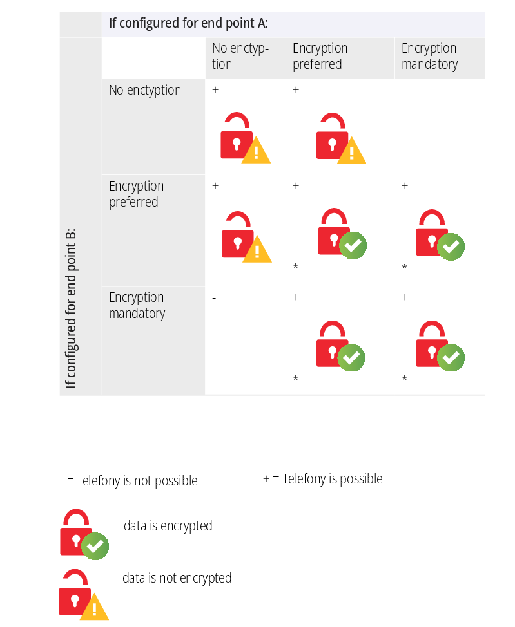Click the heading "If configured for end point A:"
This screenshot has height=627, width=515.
click(188, 23)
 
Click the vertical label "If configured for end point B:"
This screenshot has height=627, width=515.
click(71, 308)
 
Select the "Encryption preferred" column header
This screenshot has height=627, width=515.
click(320, 56)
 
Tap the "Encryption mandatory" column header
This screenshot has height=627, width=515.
click(429, 56)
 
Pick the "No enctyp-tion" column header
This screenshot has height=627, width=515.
click(240, 56)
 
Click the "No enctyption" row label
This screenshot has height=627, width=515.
click(145, 90)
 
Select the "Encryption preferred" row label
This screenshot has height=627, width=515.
click(136, 194)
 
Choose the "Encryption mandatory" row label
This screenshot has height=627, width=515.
click(137, 306)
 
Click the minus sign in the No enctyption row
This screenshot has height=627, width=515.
click(403, 91)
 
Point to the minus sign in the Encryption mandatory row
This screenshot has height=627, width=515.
click(214, 298)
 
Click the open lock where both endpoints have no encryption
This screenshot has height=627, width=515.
click(246, 138)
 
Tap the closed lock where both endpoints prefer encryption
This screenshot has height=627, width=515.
click(342, 234)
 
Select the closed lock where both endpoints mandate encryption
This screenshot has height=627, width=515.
click(440, 346)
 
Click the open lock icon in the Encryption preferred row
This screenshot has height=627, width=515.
click(247, 237)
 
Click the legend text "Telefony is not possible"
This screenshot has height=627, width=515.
click(137, 481)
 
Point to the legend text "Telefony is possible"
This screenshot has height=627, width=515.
click(333, 479)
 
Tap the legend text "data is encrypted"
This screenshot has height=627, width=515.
click(168, 526)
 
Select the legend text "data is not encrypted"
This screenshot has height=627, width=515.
click(177, 578)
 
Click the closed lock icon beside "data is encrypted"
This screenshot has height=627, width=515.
click(84, 534)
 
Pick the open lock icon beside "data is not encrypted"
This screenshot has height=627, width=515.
click(84, 595)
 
